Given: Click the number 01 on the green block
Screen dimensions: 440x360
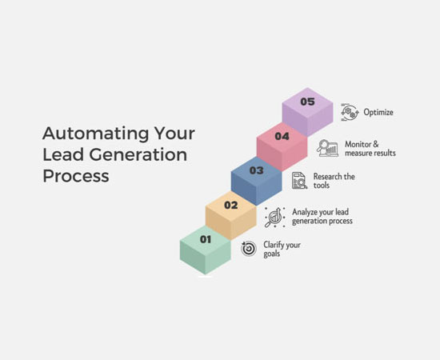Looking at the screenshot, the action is pos(206,239).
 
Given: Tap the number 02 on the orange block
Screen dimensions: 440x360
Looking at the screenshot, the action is pos(231,205).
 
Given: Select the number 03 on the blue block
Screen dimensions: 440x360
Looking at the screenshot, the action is pos(257,170).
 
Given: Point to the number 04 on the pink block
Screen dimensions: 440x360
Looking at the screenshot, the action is pos(282,136).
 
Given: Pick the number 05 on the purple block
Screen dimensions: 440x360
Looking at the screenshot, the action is pos(307,102).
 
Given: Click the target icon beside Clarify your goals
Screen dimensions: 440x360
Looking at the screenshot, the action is pos(249,249).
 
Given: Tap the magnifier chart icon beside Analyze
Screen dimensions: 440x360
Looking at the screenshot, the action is pos(275,218).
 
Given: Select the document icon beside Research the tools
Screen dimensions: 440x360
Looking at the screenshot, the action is pos(299,181).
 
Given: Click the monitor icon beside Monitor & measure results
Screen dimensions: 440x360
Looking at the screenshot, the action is pos(327,148).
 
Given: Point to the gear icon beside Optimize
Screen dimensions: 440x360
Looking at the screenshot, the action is pos(350,112).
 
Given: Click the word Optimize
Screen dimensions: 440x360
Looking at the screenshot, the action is pos(378,112).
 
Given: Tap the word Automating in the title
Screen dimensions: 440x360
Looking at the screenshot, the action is pos(95,133).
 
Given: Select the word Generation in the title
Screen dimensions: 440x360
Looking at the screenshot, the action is pos(138,154).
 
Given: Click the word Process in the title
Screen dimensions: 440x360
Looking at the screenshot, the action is pos(76,176).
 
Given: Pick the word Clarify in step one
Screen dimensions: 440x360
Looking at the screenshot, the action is pos(273,245).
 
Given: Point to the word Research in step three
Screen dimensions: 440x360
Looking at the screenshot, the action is pos(327,177).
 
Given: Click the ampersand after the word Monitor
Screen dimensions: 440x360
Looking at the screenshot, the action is pos(375,144).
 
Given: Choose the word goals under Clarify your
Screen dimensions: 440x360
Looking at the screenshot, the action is pos(272,254).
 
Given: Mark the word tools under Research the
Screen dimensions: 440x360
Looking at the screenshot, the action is pos(322,185).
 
